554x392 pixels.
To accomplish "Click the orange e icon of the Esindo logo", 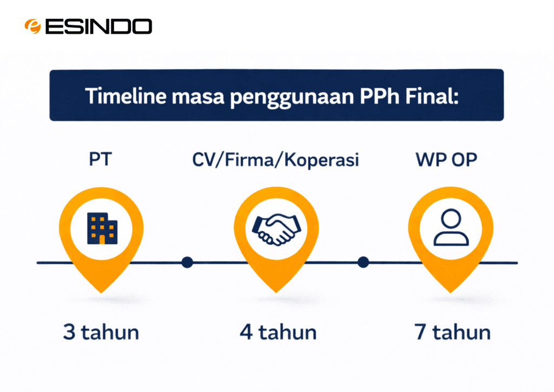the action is coord(32,27).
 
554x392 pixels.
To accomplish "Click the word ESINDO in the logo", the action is coord(99,27).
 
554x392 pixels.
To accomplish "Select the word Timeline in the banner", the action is coord(126,96).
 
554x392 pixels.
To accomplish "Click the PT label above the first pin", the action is coord(100,159).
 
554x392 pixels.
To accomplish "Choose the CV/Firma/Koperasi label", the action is coord(275,160).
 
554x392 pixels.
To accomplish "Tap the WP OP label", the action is coord(446,159).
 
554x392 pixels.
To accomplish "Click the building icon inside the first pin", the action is coord(102,228).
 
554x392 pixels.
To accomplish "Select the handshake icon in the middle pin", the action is coord(276,230).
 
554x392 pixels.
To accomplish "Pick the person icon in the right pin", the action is coord(451,227).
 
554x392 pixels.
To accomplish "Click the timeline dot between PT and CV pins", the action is coord(187,262).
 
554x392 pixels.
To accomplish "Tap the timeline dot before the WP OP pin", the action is coord(363,262).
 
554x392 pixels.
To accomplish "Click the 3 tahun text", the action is coord(101,332).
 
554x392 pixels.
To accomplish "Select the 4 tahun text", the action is coord(278,332).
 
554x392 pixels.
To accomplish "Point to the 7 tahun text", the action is coord(452,332).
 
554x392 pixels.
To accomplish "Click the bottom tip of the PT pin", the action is coord(101,293).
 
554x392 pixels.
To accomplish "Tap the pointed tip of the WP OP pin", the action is coord(451,292).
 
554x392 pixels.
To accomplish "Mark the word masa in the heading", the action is coord(198,97).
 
